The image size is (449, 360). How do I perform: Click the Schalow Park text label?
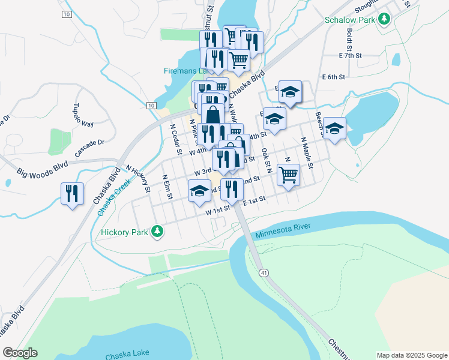pyautogui.click(x=349, y=20)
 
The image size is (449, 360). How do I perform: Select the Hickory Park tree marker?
pyautogui.click(x=157, y=230)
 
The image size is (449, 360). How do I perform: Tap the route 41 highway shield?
pyautogui.click(x=264, y=272)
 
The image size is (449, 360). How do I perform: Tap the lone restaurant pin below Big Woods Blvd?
pyautogui.click(x=72, y=193)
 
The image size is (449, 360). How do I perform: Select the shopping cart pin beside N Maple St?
pyautogui.click(x=289, y=175)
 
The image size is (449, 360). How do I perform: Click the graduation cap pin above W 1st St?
pyautogui.click(x=199, y=192)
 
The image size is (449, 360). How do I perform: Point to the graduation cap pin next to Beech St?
pyautogui.click(x=334, y=128)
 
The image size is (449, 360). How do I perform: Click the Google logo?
pyautogui.click(x=20, y=353)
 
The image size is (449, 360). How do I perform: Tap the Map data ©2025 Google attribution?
pyautogui.click(x=411, y=355)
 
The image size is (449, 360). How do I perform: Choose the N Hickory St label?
pyautogui.click(x=137, y=179)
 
